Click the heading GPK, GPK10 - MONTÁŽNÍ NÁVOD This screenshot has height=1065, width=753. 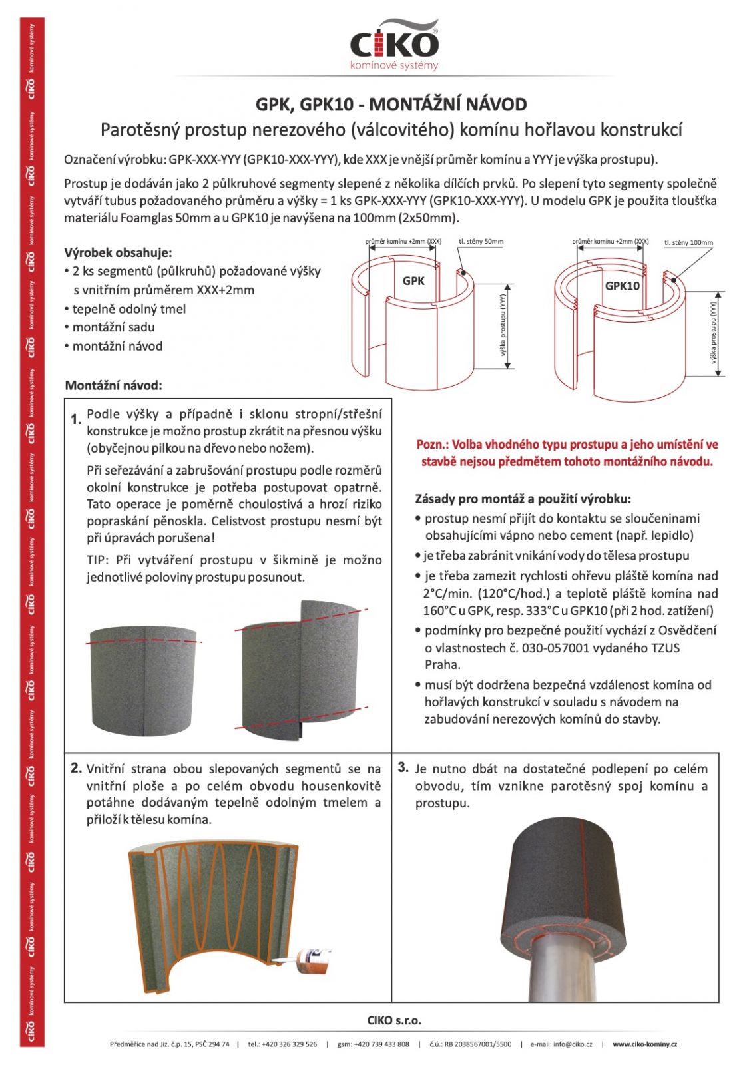coord(391,105)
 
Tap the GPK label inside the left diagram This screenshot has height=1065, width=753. coord(413,281)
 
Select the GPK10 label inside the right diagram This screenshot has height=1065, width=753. coord(622,286)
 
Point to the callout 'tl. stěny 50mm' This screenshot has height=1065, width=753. coord(481,242)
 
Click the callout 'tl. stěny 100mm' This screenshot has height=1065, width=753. coord(688,243)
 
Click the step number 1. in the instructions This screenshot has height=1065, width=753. coord(76,419)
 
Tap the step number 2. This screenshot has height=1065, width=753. coord(76,768)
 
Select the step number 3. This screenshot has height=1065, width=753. coord(403,767)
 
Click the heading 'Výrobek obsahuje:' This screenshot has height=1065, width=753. coord(118,252)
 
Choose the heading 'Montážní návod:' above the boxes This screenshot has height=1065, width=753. coord(114,385)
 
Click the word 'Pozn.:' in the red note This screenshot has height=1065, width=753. coord(433,445)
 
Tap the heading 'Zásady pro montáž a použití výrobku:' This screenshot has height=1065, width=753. coord(523,499)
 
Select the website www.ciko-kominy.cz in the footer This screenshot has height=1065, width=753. coord(644,1044)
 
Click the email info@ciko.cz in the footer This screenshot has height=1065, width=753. coord(561,1044)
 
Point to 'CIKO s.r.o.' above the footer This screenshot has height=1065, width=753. coord(394,1020)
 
